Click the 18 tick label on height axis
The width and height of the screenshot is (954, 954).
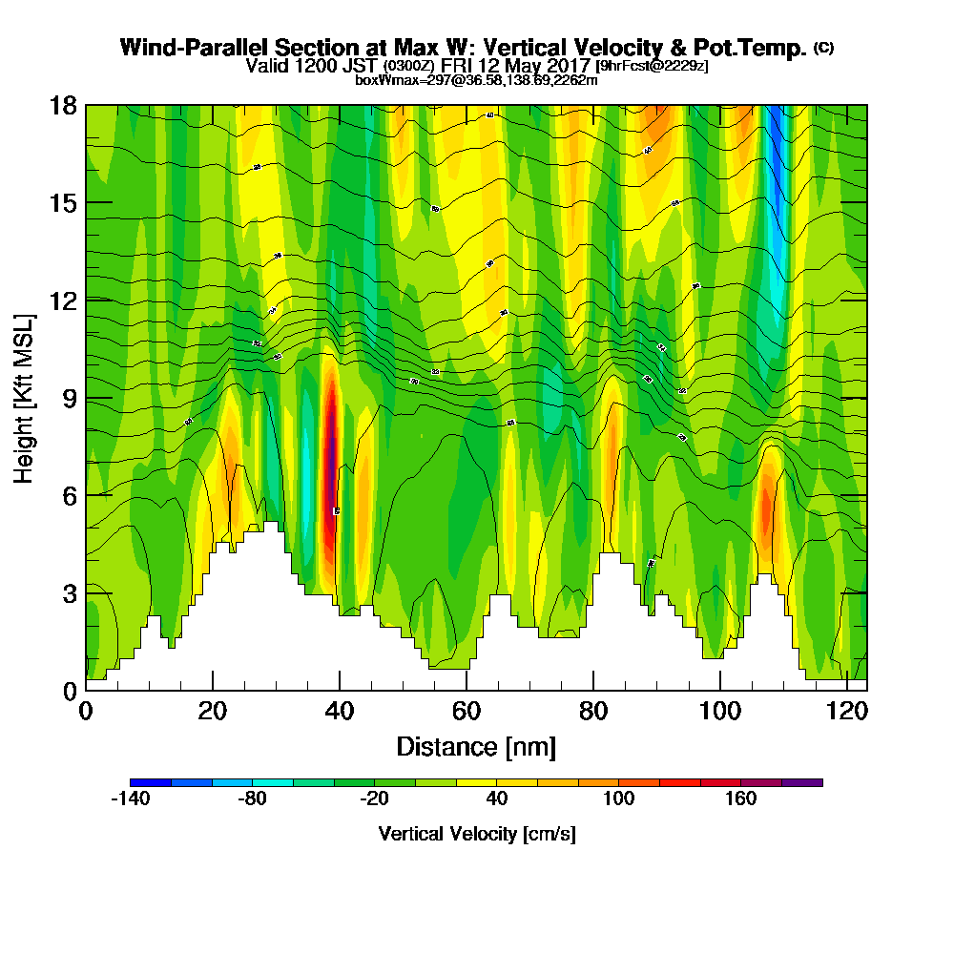(62, 105)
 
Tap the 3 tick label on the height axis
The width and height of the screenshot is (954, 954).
(68, 592)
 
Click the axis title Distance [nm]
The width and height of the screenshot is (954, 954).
(475, 746)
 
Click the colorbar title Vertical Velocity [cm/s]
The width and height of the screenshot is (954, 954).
(476, 834)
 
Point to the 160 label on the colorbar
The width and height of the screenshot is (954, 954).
(740, 799)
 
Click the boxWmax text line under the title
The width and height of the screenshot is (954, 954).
(476, 80)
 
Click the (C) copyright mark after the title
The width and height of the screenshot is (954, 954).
(823, 48)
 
